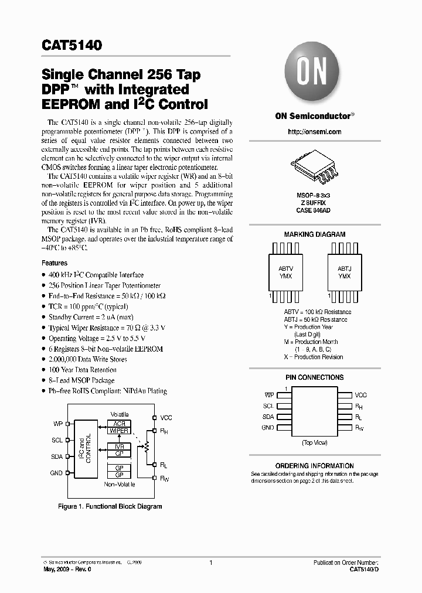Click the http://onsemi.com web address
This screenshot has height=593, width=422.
(315, 132)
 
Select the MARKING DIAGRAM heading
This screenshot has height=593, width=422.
(315, 234)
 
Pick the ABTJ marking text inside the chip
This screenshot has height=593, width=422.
(344, 268)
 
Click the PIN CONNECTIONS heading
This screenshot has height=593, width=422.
(315, 378)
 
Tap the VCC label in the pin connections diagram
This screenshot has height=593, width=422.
(361, 396)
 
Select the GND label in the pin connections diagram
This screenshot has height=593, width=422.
(268, 428)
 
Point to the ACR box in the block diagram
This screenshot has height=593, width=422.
(120, 423)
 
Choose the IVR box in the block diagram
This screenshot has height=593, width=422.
(120, 447)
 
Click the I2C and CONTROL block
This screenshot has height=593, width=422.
(85, 448)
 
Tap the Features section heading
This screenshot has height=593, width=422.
(55, 264)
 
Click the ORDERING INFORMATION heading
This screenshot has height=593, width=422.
(314, 465)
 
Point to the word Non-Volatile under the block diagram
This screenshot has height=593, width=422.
(120, 485)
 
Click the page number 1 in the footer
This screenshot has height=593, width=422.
(210, 562)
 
